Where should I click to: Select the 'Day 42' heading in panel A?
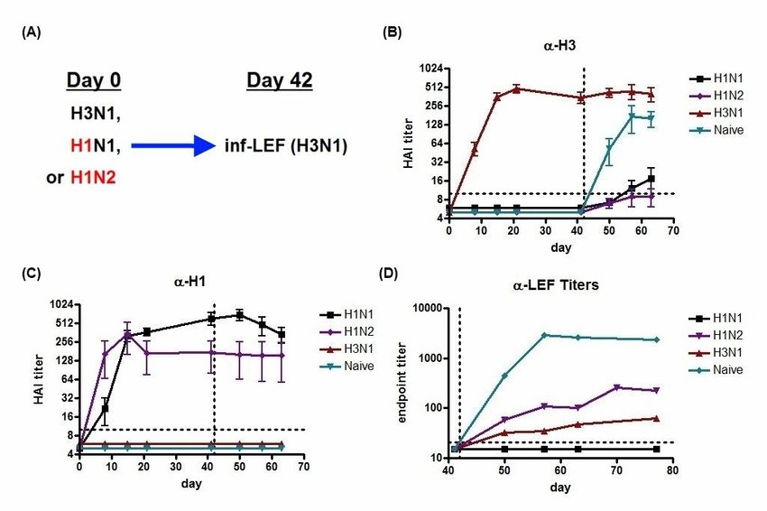click(279, 81)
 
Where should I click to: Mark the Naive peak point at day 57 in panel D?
click(545, 335)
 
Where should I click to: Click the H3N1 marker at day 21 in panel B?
click(516, 88)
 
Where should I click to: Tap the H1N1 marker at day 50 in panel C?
click(239, 314)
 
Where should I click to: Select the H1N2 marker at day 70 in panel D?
click(617, 387)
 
